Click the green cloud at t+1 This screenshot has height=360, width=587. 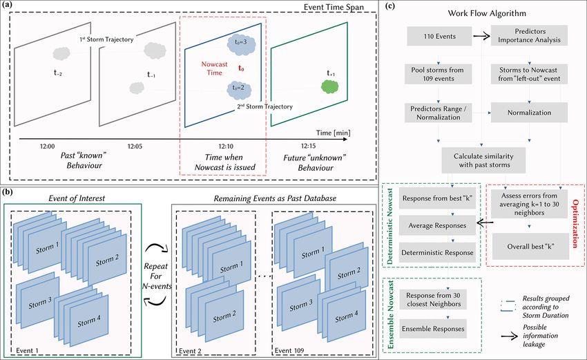[x=330, y=87]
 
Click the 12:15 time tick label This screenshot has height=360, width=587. [x=308, y=146]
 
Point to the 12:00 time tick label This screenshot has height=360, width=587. [x=47, y=146]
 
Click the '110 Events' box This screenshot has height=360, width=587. [x=439, y=36]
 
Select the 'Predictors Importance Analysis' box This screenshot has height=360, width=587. [x=529, y=36]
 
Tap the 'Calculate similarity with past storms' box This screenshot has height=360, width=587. [x=483, y=160]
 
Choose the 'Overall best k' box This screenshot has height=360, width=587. [x=530, y=247]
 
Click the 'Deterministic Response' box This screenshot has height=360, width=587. [x=437, y=252]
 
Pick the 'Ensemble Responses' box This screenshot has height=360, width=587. [x=433, y=328]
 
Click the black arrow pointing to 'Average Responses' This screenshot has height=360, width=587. [x=485, y=224]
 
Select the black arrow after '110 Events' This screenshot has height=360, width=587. [x=481, y=37]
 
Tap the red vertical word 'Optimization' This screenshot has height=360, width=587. [x=575, y=224]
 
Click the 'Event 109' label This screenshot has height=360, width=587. [x=289, y=350]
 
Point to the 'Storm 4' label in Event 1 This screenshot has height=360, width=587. [x=88, y=321]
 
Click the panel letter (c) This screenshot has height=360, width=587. [x=389, y=6]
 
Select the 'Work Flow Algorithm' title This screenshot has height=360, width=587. [x=487, y=14]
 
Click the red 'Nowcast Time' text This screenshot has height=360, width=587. [x=214, y=68]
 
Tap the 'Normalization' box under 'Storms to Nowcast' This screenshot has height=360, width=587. [x=529, y=113]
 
